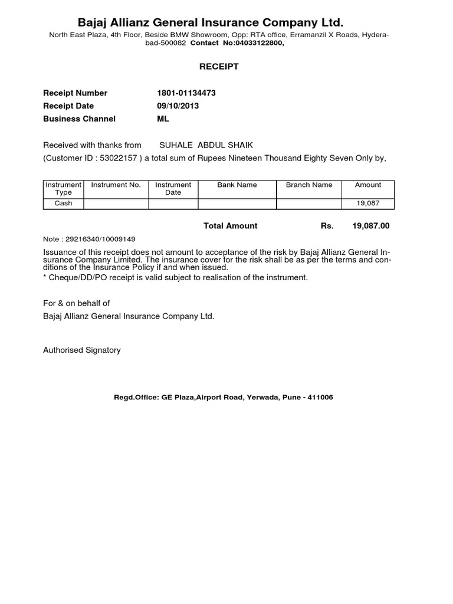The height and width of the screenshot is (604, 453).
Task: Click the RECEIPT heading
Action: tap(218, 67)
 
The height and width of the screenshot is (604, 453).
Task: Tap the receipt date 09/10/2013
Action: tap(178, 106)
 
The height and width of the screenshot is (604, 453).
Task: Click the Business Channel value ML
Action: tap(163, 119)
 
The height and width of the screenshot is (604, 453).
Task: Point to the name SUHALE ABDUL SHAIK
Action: tap(206, 145)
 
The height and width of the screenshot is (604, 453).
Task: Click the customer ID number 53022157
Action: tap(119, 158)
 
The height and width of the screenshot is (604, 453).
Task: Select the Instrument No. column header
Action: tap(116, 185)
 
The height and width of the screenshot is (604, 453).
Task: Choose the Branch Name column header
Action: tap(309, 185)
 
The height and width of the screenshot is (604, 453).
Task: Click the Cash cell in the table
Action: tap(63, 203)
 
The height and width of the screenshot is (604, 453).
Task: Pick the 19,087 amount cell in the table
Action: tap(367, 203)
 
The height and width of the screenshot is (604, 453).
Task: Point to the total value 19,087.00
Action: tap(371, 226)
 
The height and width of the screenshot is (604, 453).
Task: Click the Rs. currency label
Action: tap(327, 226)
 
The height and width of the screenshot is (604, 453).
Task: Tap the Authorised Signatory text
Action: tap(82, 350)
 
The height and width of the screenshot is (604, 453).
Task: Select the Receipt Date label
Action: tap(68, 106)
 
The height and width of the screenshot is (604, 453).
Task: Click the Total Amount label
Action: tap(231, 226)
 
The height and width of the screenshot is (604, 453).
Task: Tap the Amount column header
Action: tap(368, 185)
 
